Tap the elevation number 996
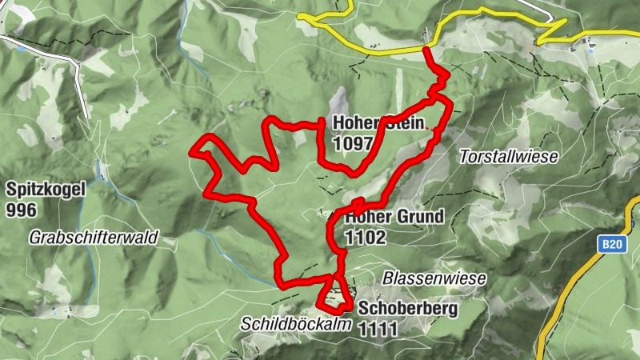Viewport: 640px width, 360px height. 22,210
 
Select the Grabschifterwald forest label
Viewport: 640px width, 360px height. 94,238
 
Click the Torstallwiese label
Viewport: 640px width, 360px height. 508,158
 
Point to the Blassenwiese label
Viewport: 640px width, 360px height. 434,278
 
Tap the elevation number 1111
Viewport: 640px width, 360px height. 378,329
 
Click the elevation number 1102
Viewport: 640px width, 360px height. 366,237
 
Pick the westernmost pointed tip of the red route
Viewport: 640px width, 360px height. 190,150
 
